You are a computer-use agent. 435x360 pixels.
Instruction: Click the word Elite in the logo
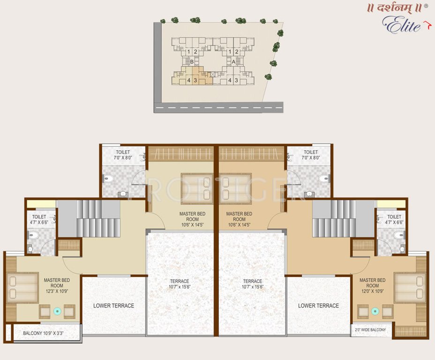pos(402,24)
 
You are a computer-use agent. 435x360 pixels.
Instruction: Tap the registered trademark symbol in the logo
pos(426,7)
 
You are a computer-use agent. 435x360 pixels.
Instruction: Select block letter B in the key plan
pos(192,61)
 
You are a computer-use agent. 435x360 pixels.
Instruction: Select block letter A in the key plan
pos(233,61)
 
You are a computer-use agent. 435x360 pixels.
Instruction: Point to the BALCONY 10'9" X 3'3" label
pos(43,334)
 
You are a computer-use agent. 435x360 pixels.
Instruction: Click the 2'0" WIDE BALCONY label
pos(371,330)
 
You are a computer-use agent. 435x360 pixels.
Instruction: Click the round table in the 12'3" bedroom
pos(57,311)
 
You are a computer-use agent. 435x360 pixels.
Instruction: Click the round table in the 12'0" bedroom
pos(375,311)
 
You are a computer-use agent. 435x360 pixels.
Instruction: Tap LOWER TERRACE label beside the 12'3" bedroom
pos(113,306)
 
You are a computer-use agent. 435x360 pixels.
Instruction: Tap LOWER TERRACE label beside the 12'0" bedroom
pos(318,306)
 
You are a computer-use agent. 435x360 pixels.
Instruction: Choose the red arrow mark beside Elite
pos(427,24)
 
